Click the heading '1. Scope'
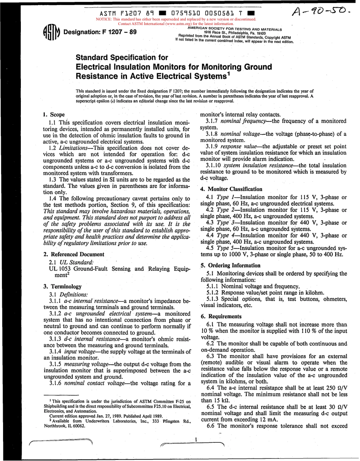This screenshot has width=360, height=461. tap(53, 114)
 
